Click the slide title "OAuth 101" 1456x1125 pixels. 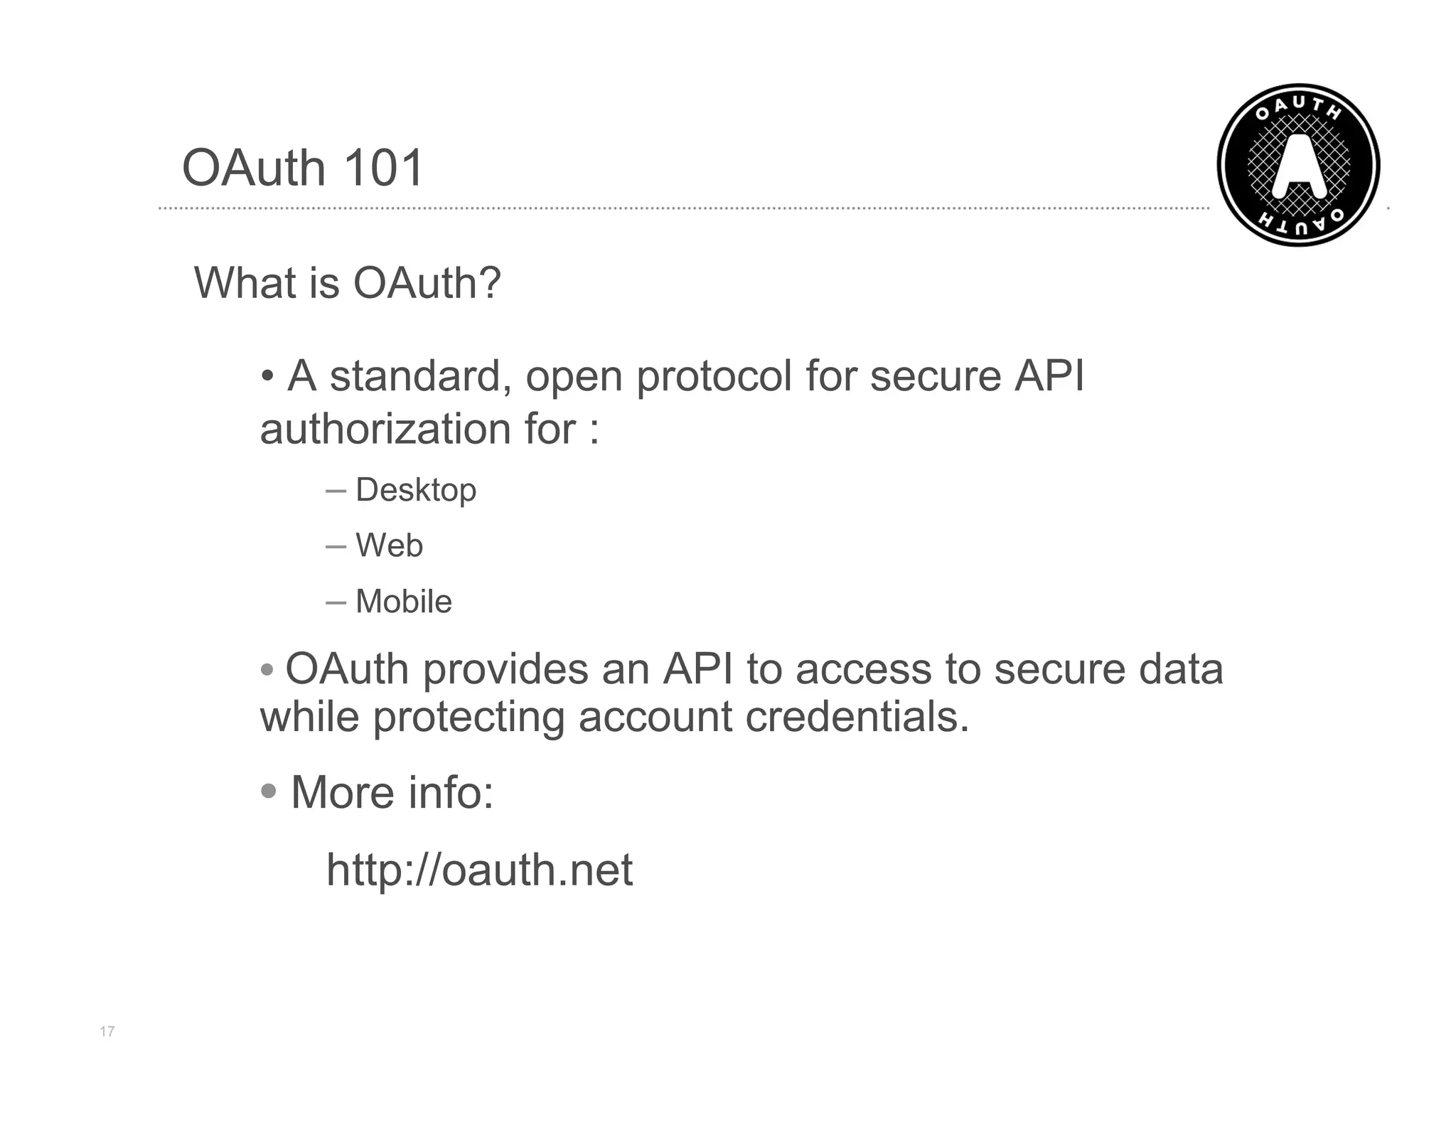(x=303, y=168)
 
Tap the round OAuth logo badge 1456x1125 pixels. (x=1298, y=165)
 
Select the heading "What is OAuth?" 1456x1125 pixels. (x=348, y=283)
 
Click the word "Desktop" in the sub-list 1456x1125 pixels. (x=416, y=491)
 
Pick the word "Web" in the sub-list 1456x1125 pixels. (x=389, y=546)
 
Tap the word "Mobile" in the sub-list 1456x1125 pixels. (x=403, y=602)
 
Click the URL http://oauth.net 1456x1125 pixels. (x=479, y=869)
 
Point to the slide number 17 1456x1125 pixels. (x=107, y=1031)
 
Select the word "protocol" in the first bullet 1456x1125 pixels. (x=714, y=377)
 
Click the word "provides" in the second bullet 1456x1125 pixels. (x=505, y=670)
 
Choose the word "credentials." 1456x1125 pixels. (x=857, y=717)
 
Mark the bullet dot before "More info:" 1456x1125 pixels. (x=269, y=791)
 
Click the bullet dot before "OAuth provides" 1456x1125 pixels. (x=267, y=670)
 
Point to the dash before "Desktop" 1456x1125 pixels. (x=336, y=491)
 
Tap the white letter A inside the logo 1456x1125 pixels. (x=1298, y=166)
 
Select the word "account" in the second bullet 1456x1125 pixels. (x=655, y=717)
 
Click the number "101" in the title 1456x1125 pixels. (x=384, y=168)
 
